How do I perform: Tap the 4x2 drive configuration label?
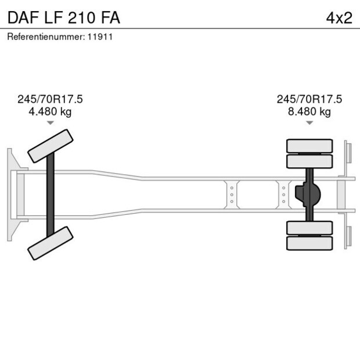coord(339,17)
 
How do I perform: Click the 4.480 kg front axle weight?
coord(50,111)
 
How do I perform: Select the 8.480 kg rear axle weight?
coord(309,111)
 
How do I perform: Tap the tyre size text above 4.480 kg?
coord(50,99)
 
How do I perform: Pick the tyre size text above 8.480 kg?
coord(309,99)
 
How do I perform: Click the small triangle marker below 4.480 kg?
coord(50,123)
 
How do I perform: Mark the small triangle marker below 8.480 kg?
coord(309,123)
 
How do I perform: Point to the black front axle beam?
coord(51,195)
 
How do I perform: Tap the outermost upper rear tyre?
coord(309,145)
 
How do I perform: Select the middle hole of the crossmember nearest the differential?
coord(283,195)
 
